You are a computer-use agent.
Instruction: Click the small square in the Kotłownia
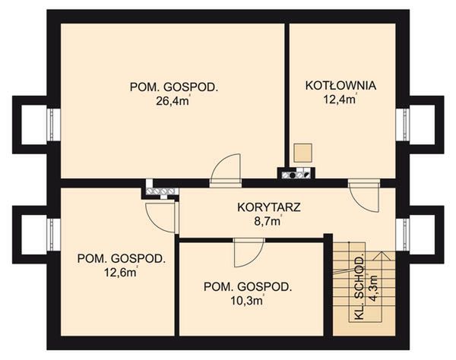click(x=303, y=151)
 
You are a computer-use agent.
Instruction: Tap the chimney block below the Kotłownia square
click(x=296, y=174)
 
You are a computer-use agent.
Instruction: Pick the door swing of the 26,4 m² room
click(x=226, y=169)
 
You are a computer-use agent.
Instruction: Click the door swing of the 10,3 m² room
click(x=247, y=252)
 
